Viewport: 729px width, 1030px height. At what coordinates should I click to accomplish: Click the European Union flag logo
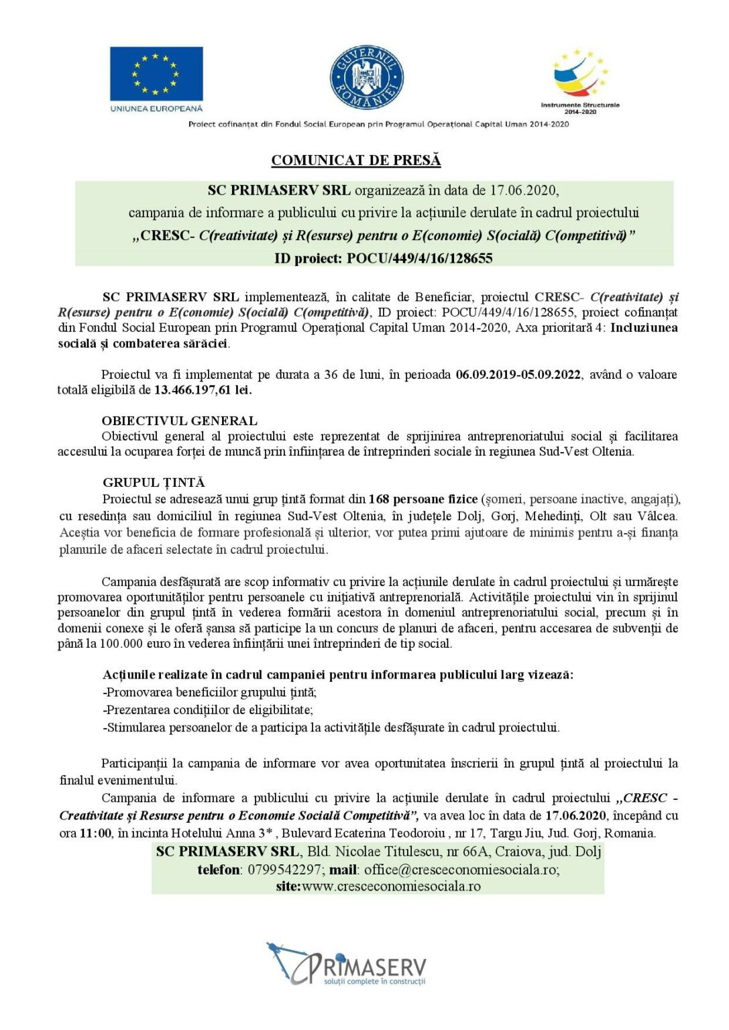pyautogui.click(x=156, y=73)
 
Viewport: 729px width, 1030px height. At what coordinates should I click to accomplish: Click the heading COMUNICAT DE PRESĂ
pyautogui.click(x=356, y=160)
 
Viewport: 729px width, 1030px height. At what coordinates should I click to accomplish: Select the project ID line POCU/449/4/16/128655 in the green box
pyautogui.click(x=383, y=258)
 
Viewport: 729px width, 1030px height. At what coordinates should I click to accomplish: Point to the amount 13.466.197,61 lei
pyautogui.click(x=203, y=390)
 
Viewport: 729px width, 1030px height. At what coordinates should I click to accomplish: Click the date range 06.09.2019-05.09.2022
pyautogui.click(x=518, y=374)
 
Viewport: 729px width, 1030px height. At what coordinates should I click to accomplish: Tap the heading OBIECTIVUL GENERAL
pyautogui.click(x=179, y=420)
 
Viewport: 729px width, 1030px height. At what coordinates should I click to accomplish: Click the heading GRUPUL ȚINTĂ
pyautogui.click(x=154, y=482)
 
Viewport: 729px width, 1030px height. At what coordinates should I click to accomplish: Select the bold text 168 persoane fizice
pyautogui.click(x=423, y=499)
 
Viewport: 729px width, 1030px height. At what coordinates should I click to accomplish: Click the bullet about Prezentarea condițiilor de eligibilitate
pyautogui.click(x=208, y=709)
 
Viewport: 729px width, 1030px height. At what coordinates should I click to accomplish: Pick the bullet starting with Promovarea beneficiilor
pyautogui.click(x=210, y=692)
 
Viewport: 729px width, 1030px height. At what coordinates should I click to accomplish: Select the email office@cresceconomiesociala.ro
pyautogui.click(x=461, y=870)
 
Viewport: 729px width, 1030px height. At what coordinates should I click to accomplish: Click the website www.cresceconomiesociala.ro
pyautogui.click(x=391, y=886)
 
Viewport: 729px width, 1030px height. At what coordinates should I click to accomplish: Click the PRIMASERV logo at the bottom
pyautogui.click(x=347, y=964)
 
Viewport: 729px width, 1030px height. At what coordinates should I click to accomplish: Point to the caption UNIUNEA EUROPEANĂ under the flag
pyautogui.click(x=156, y=108)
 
